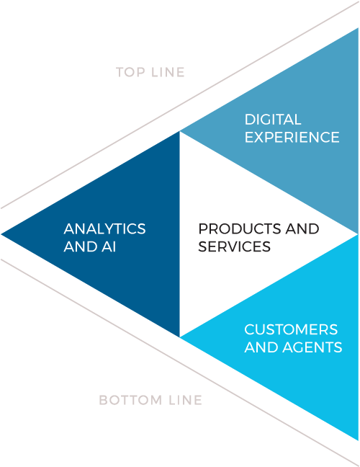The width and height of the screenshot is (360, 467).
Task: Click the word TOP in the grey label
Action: (x=130, y=72)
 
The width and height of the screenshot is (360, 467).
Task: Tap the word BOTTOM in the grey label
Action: (x=130, y=400)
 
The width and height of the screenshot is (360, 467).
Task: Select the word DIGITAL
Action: (x=273, y=120)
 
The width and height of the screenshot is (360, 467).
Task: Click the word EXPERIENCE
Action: (x=292, y=138)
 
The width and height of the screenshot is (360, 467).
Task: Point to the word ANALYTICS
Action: (x=104, y=229)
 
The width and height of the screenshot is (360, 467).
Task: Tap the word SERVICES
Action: (x=235, y=246)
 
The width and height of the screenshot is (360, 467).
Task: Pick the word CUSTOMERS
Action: (x=291, y=329)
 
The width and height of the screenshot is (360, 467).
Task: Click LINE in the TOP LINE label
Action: (x=168, y=72)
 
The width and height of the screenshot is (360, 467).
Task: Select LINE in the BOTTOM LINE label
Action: (x=185, y=400)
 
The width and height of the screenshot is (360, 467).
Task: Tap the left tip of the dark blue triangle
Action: (x=1, y=234)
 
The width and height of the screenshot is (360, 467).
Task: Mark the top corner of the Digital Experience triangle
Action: (x=358, y=29)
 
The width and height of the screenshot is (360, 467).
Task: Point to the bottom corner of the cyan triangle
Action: (x=358, y=440)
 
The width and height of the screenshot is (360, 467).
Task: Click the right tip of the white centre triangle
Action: (x=357, y=234)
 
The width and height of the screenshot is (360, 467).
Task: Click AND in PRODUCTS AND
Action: (x=302, y=229)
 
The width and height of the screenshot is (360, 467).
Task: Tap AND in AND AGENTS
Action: (x=261, y=347)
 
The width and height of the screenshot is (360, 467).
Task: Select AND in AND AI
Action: (x=81, y=246)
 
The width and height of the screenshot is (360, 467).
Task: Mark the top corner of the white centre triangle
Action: (x=180, y=132)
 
